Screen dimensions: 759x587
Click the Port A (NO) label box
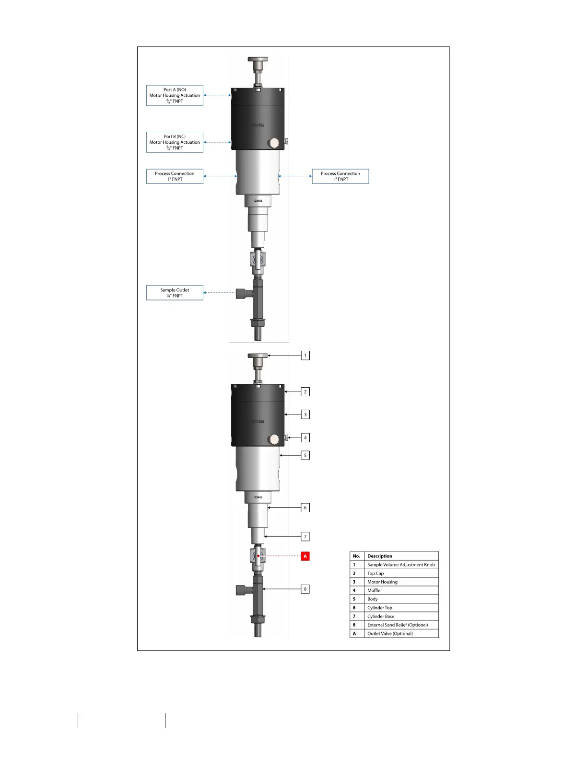[x=175, y=95]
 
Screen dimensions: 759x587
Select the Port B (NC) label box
[x=175, y=142]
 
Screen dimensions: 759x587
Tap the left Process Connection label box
[x=175, y=176]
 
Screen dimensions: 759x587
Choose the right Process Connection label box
[x=340, y=176]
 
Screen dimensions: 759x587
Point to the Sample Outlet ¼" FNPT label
[x=175, y=293]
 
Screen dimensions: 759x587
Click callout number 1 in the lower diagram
[x=305, y=356]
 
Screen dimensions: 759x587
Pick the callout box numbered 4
[x=305, y=437]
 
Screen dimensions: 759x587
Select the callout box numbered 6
[x=305, y=507]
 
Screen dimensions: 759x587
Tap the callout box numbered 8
[x=305, y=589]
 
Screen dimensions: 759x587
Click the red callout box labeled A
[x=305, y=556]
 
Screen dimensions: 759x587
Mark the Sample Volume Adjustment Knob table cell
[x=401, y=565]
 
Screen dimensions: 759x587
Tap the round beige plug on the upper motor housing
[x=274, y=143]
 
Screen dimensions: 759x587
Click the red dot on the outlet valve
[x=258, y=556]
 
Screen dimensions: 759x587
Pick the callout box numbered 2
[x=305, y=391]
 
